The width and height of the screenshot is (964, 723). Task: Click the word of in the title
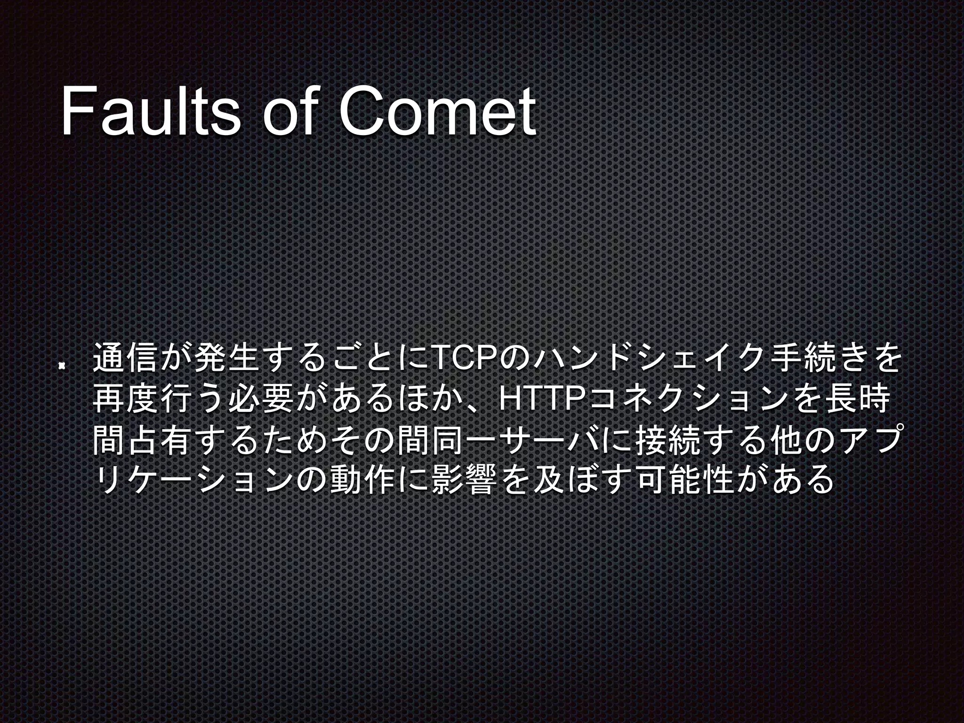click(288, 112)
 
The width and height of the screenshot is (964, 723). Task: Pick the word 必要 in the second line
click(261, 399)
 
